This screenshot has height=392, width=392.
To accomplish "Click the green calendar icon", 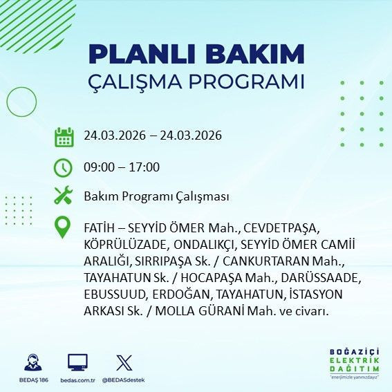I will click(x=64, y=136).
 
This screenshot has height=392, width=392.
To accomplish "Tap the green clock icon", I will click(x=64, y=167).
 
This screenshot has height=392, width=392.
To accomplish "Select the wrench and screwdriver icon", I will click(x=64, y=196).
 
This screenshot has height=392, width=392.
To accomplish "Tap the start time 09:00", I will click(x=98, y=167).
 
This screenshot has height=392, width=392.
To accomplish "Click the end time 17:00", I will click(x=145, y=167).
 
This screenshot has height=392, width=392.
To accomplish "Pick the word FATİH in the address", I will click(x=98, y=227).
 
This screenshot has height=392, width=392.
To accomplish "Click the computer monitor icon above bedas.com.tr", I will click(x=77, y=362).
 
